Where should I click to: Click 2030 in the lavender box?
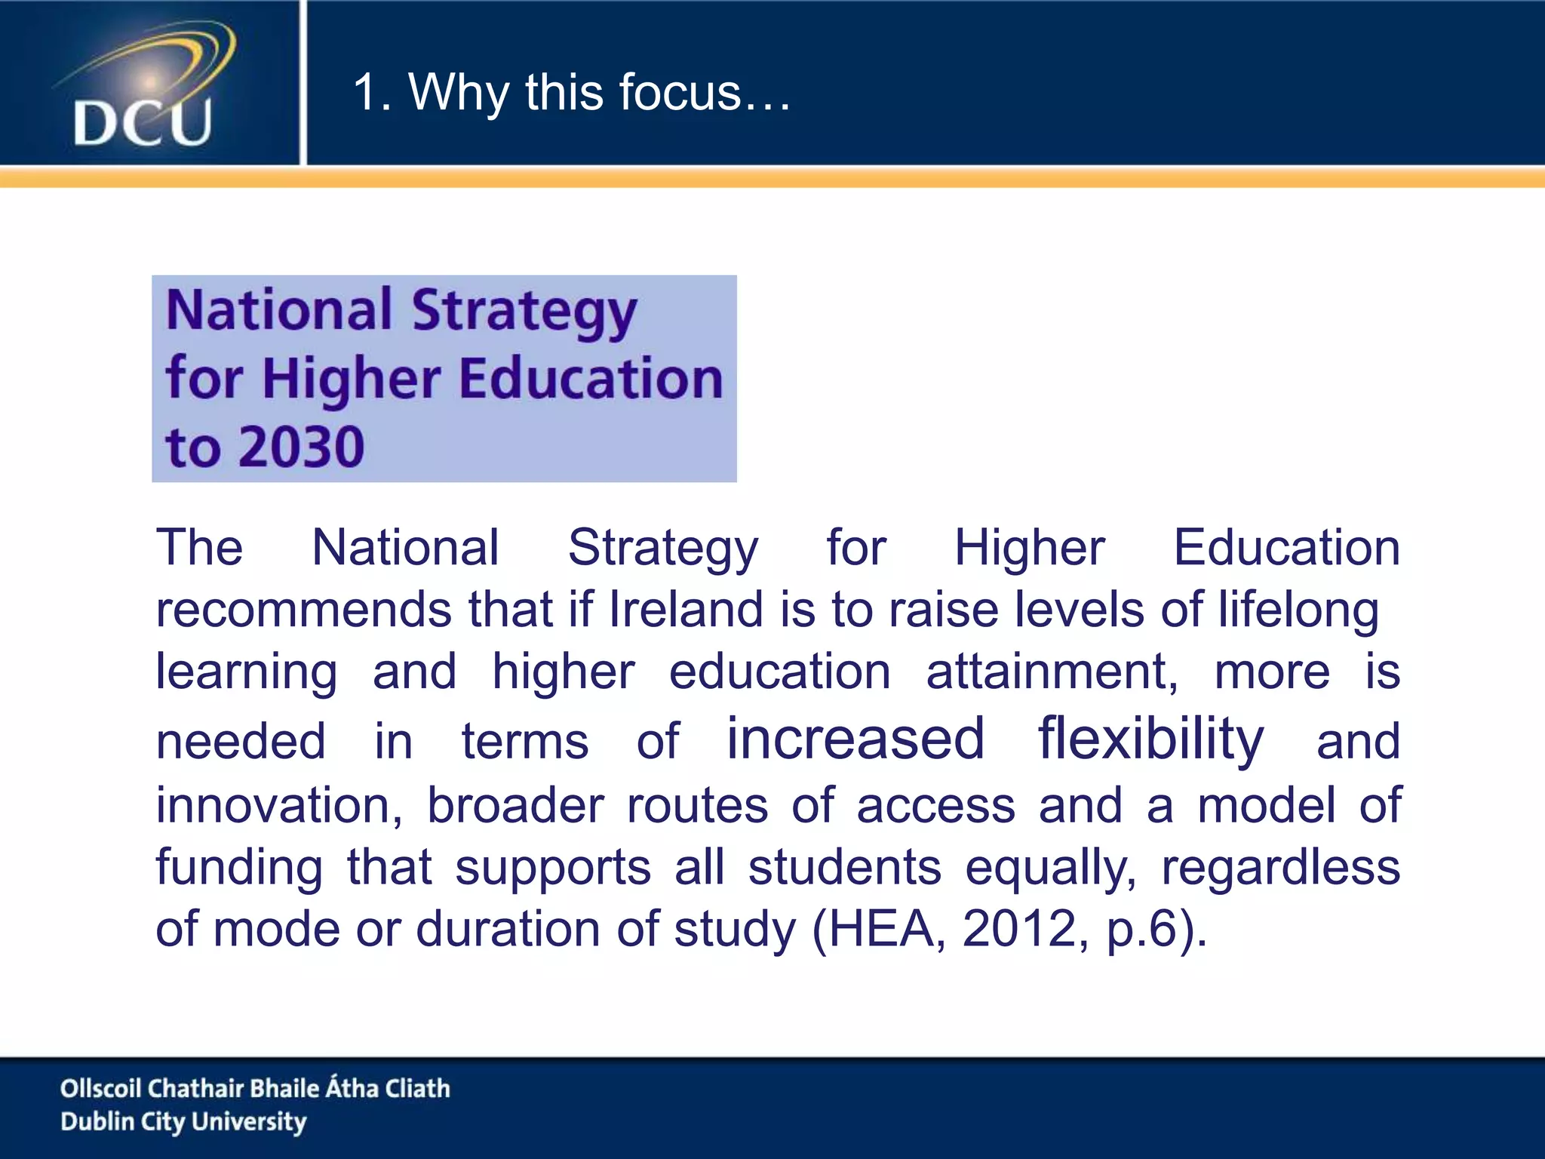tap(303, 447)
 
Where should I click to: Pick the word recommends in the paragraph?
tap(303, 610)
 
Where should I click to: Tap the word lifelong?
tap(1298, 610)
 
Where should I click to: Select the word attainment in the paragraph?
tap(1052, 672)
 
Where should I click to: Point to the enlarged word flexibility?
tap(1150, 739)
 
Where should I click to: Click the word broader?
tap(515, 805)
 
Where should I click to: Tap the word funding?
tap(239, 868)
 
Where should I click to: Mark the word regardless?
tap(1280, 868)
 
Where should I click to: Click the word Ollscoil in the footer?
tap(100, 1088)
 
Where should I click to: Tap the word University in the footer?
tap(249, 1122)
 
